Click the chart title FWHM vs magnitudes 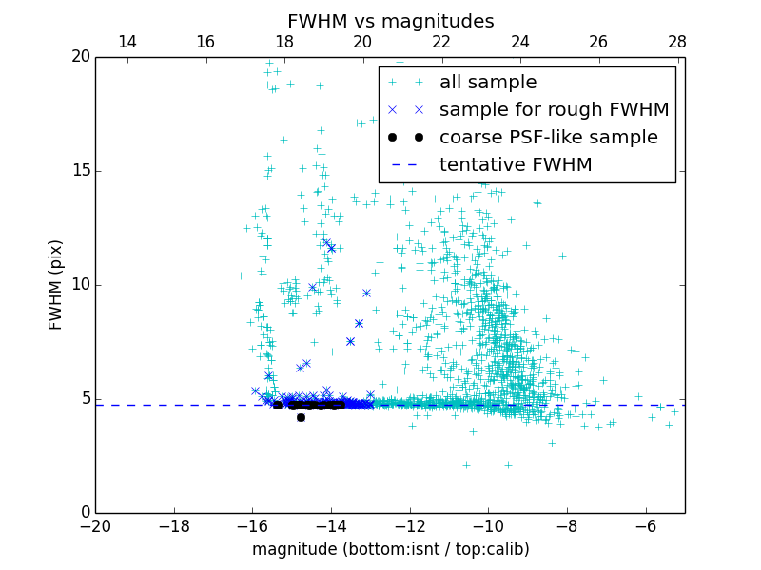click(390, 21)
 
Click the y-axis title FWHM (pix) click(56, 285)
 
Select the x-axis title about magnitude click(390, 549)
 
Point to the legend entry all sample click(488, 83)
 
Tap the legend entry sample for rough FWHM click(554, 110)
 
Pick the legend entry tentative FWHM click(516, 165)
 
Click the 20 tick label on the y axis click(80, 57)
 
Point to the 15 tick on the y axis click(80, 171)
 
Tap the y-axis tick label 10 click(80, 285)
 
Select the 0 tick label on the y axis click(85, 513)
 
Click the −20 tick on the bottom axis click(96, 525)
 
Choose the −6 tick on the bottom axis click(646, 525)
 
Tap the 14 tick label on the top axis click(127, 42)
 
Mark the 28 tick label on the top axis click(677, 42)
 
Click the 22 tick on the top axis click(441, 42)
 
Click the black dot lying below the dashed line click(301, 417)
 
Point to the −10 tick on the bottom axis click(488, 525)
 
